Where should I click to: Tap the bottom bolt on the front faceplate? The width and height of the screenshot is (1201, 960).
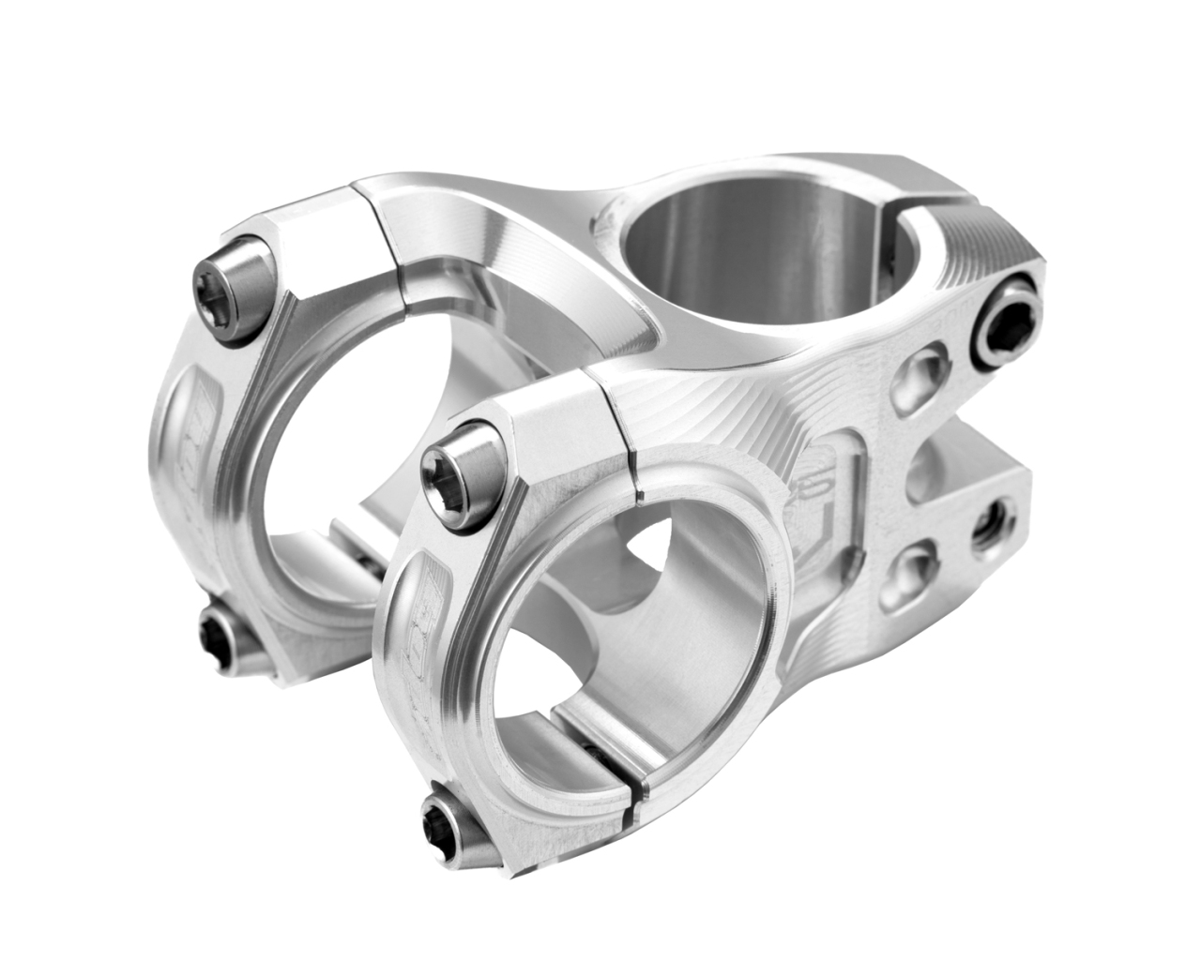point(453,816)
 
